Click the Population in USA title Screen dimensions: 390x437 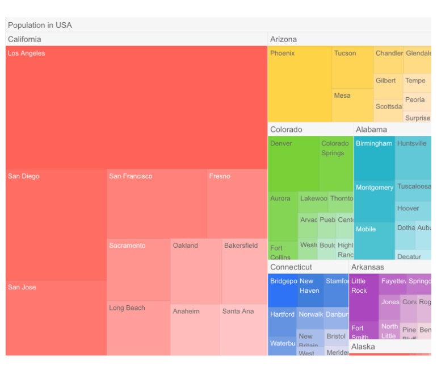(x=40, y=25)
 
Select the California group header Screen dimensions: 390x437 (x=24, y=39)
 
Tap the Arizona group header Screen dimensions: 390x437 (x=283, y=39)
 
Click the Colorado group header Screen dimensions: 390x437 (x=286, y=130)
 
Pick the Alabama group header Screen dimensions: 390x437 (x=371, y=130)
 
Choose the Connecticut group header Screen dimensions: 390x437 (x=291, y=267)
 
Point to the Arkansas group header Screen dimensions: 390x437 (x=367, y=267)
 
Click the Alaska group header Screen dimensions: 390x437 (x=363, y=347)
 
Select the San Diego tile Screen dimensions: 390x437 (x=56, y=225)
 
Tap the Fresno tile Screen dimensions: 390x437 (x=237, y=204)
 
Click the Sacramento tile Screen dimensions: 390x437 (x=138, y=270)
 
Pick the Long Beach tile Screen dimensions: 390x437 (x=138, y=328)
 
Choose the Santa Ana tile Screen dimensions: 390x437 (x=243, y=330)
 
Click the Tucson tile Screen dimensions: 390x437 (x=352, y=67)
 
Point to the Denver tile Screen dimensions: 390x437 (x=293, y=164)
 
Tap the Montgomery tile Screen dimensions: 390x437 (x=374, y=201)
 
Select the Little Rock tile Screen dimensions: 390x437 (x=363, y=297)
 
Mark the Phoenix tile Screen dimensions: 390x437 (x=299, y=84)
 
